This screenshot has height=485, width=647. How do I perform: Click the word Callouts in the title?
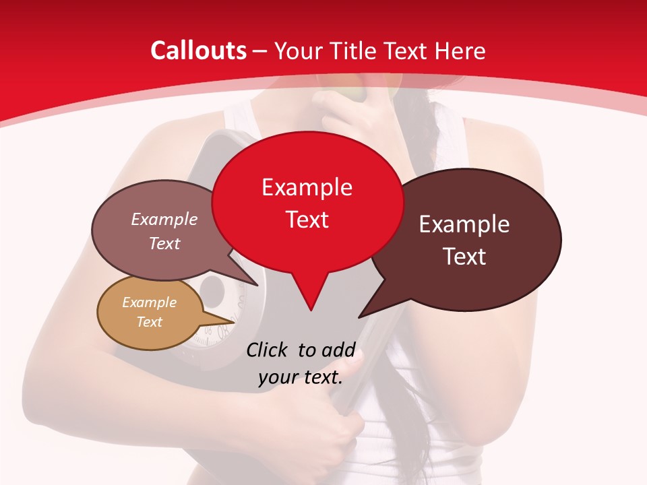(x=198, y=51)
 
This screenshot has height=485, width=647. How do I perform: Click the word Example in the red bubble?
(x=307, y=187)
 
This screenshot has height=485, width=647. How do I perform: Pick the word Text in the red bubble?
(x=307, y=219)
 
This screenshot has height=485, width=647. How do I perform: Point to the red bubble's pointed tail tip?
(x=311, y=310)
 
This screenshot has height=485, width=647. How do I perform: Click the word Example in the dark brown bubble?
(x=464, y=224)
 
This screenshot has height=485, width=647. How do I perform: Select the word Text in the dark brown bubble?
(x=464, y=256)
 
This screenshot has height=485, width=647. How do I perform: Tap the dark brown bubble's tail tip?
(x=359, y=317)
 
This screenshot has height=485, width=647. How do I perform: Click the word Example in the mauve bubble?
(x=164, y=219)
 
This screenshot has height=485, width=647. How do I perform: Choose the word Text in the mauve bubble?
(x=164, y=243)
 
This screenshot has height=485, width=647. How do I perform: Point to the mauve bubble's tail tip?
(x=257, y=285)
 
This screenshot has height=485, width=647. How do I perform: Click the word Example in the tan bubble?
(x=149, y=302)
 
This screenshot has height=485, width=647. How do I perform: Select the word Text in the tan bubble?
(x=150, y=322)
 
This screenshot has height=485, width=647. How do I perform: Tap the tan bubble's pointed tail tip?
(x=235, y=322)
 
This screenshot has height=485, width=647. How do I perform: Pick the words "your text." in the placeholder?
(x=301, y=377)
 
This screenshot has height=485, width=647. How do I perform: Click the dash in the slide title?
(x=260, y=51)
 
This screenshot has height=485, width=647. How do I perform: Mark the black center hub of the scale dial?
(x=213, y=290)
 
